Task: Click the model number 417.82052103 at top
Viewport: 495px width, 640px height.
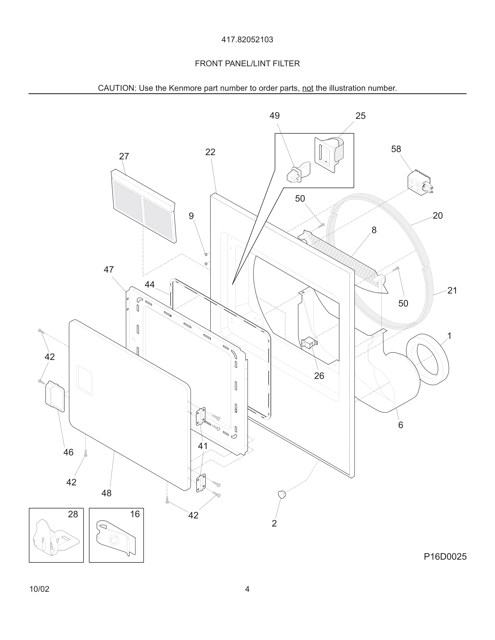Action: [247, 40]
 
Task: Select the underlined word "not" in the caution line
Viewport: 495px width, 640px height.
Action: [308, 88]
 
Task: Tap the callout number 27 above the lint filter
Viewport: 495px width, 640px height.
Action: [124, 156]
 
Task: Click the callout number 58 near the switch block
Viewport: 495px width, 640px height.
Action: [396, 149]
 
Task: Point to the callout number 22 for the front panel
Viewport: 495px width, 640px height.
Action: [210, 152]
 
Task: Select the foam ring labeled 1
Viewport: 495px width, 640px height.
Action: [428, 359]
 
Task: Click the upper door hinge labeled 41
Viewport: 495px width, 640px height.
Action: [201, 416]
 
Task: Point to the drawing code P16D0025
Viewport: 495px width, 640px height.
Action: [445, 556]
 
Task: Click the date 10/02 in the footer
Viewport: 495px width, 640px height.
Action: [39, 589]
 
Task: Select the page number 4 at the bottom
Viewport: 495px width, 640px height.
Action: [247, 589]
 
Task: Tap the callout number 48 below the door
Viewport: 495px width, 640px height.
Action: [106, 493]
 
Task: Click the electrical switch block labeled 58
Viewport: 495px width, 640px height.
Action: [419, 183]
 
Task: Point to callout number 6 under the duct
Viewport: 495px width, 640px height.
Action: [400, 425]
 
